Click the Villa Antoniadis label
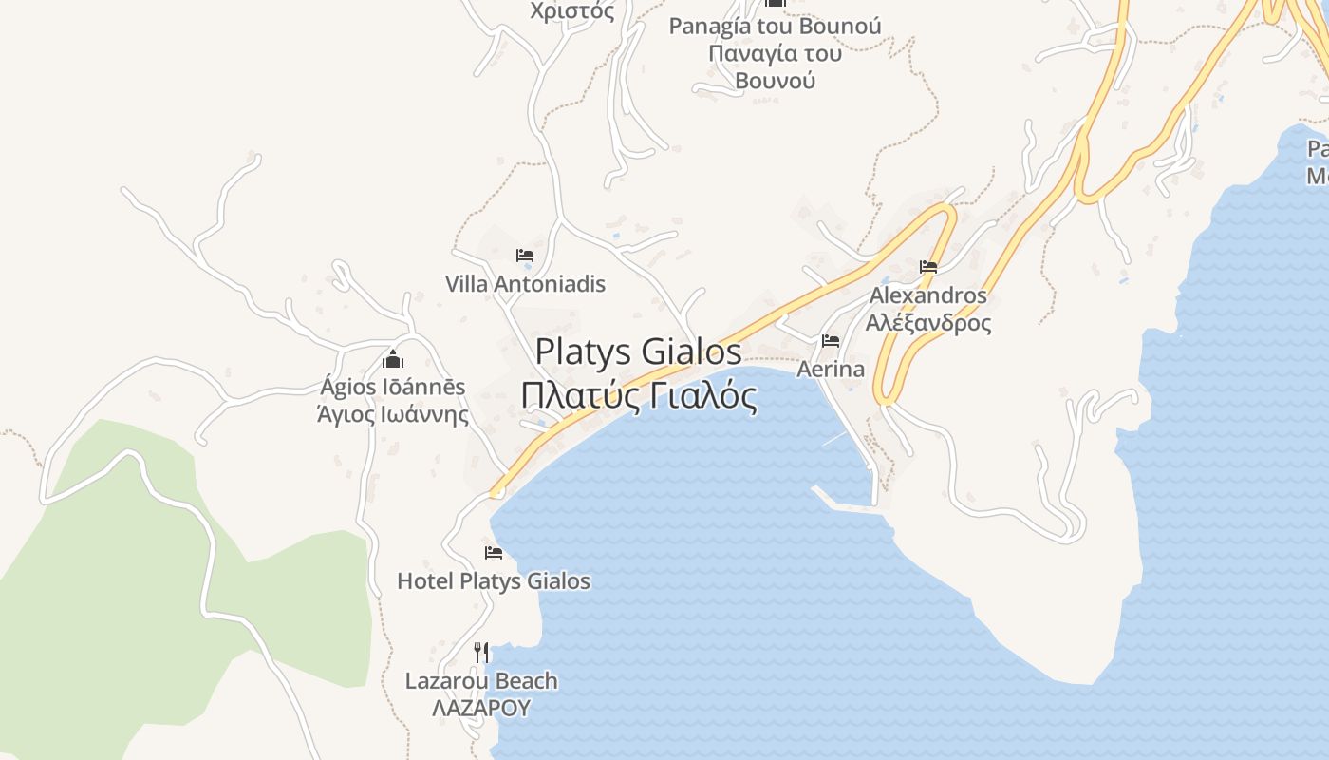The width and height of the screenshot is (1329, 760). pyautogui.click(x=525, y=284)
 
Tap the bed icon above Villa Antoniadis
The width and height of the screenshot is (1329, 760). pyautogui.click(x=524, y=256)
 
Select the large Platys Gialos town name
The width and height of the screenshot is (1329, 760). pyautogui.click(x=638, y=351)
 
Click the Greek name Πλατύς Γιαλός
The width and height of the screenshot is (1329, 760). pyautogui.click(x=639, y=395)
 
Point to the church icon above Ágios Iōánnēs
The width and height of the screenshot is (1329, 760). pyautogui.click(x=393, y=359)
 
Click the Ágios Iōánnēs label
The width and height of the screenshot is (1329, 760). pyautogui.click(x=393, y=387)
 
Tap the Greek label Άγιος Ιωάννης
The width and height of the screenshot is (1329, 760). pyautogui.click(x=393, y=414)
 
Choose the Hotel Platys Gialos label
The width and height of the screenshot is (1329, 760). pyautogui.click(x=494, y=581)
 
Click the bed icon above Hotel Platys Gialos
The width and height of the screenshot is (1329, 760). pyautogui.click(x=494, y=553)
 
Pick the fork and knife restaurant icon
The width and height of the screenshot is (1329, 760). pyautogui.click(x=481, y=652)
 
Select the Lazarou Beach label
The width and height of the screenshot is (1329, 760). pyautogui.click(x=481, y=681)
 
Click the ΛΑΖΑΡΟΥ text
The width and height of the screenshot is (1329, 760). pyautogui.click(x=481, y=708)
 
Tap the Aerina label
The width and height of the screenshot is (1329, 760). pyautogui.click(x=831, y=369)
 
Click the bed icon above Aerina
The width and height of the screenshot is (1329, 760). pyautogui.click(x=831, y=340)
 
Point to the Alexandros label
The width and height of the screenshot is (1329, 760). pyautogui.click(x=928, y=295)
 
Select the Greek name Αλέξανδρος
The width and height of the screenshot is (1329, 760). pyautogui.click(x=928, y=323)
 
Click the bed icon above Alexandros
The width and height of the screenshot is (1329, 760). pyautogui.click(x=928, y=267)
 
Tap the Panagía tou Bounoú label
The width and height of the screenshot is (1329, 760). pyautogui.click(x=775, y=26)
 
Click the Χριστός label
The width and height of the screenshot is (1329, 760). pyautogui.click(x=572, y=11)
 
